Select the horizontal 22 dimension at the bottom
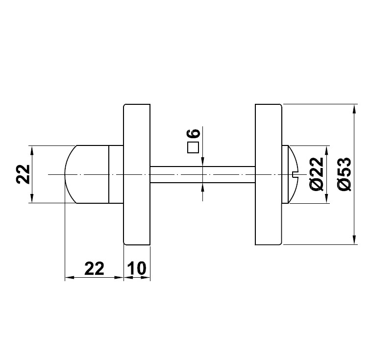coord(95,268)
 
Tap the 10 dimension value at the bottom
coord(137,268)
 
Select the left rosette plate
coord(137,174)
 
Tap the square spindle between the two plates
coord(202,175)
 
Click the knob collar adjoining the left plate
coord(116,174)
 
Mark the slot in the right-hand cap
coord(294,174)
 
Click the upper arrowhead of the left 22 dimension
coord(32,150)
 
